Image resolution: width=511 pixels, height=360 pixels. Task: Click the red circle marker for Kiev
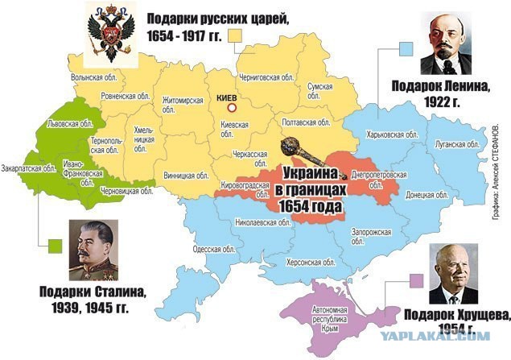click(230, 107)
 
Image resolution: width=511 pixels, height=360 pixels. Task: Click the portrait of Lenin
click(445, 45)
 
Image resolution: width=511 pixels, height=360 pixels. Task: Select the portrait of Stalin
click(93, 250)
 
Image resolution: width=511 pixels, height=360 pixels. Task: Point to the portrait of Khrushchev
click(452, 273)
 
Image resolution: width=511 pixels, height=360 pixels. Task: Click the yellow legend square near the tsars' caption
click(236, 35)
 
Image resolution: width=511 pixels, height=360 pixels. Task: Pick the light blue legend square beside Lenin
click(406, 48)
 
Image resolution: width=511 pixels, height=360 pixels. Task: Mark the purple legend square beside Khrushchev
click(417, 280)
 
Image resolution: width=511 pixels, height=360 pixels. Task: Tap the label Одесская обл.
click(213, 249)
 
